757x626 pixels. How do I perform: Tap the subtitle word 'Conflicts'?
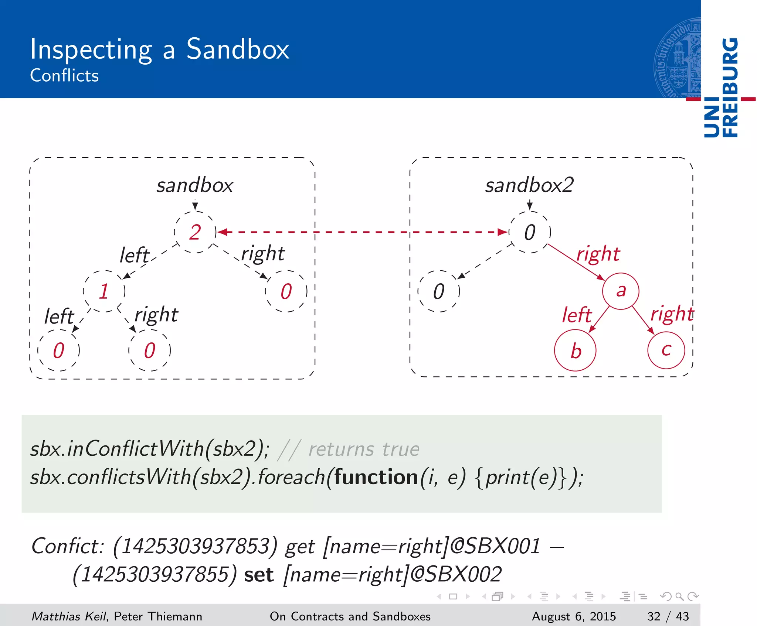[64, 76]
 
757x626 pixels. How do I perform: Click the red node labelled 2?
[195, 232]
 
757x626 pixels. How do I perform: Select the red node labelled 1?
[104, 291]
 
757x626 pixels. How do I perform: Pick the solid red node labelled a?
[621, 291]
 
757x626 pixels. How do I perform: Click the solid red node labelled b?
[575, 350]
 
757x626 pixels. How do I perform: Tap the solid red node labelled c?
[666, 350]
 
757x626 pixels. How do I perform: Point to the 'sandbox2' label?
[529, 185]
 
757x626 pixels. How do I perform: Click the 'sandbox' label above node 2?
[195, 185]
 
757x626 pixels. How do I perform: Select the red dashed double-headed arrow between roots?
[362, 232]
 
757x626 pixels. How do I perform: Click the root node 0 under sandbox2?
[530, 232]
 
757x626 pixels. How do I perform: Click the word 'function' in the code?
[376, 477]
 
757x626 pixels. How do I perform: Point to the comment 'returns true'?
[364, 449]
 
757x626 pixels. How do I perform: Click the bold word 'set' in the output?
[259, 575]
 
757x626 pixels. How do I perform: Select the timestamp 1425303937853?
[195, 546]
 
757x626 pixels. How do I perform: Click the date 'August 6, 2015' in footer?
[574, 616]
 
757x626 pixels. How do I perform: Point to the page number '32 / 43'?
[668, 616]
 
